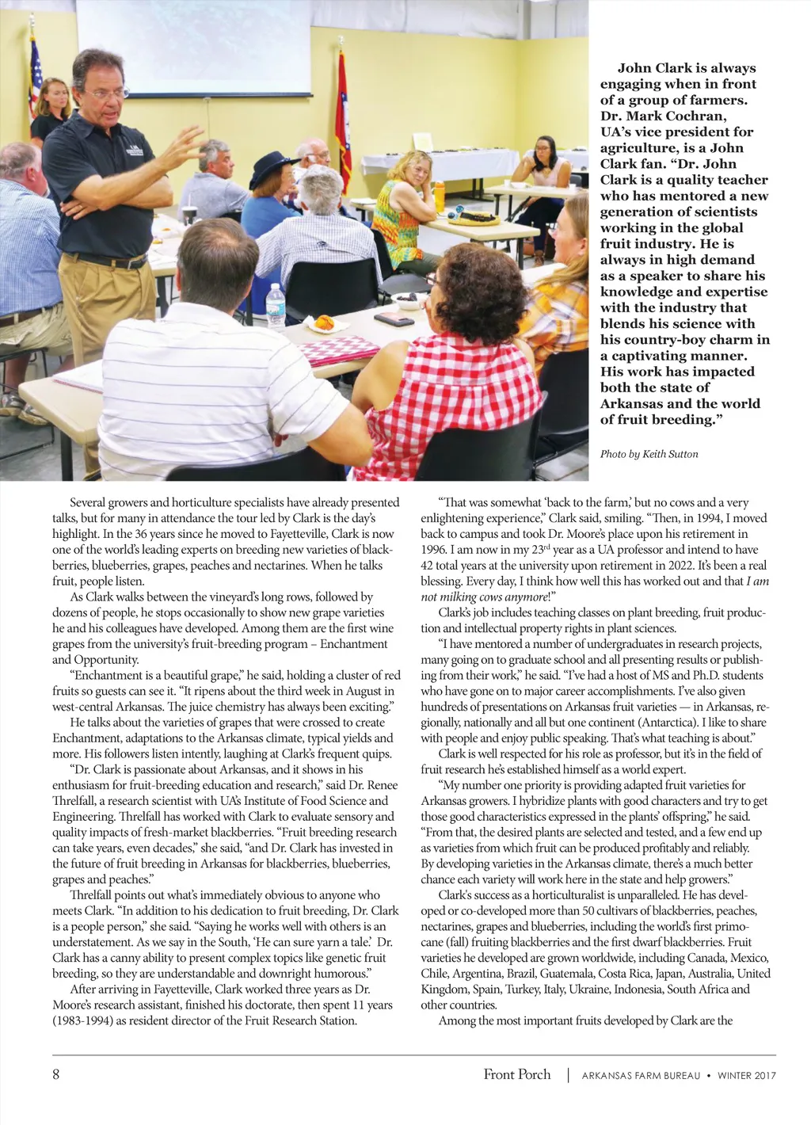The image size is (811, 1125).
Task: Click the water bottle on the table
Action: click(x=276, y=305)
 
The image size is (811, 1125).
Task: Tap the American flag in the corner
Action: click(x=34, y=75)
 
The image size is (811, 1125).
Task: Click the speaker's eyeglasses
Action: click(x=105, y=93)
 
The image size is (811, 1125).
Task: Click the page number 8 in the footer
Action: click(x=56, y=1075)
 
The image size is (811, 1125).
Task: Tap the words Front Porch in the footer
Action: click(x=517, y=1074)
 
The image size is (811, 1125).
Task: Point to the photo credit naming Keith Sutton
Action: click(x=649, y=454)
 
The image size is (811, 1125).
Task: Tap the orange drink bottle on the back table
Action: click(x=439, y=196)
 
